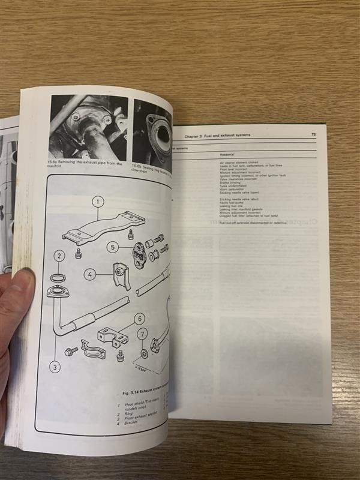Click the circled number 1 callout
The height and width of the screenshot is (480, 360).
point(97,202)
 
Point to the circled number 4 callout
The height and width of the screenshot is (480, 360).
point(89,275)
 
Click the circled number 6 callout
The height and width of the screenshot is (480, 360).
point(139,319)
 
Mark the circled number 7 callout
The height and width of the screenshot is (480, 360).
point(142,334)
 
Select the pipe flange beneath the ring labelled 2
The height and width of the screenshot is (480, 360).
point(59,294)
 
